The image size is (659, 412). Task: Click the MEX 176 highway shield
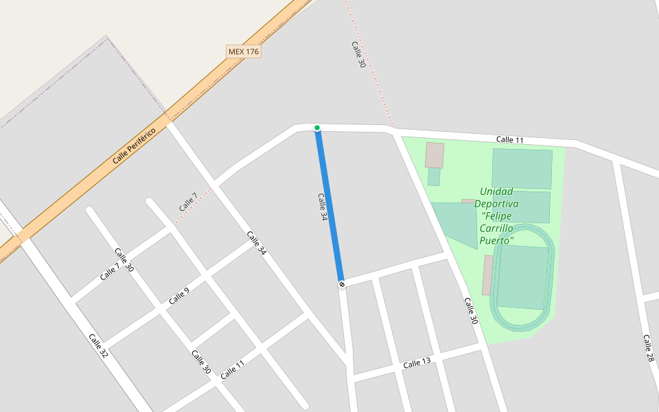pyautogui.click(x=244, y=51)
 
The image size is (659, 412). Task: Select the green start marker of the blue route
pyautogui.click(x=317, y=128)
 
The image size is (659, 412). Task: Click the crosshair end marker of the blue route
pyautogui.click(x=341, y=284)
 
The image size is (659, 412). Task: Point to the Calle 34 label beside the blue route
pyautogui.click(x=323, y=206)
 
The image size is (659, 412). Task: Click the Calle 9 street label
pyautogui.click(x=178, y=296)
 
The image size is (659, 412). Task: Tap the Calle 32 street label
pyautogui.click(x=98, y=345)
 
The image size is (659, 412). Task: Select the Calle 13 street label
pyautogui.click(x=417, y=363)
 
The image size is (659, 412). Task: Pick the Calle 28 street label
pyautogui.click(x=648, y=348)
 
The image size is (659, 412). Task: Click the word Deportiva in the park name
pyautogui.click(x=496, y=204)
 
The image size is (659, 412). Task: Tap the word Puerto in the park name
pyautogui.click(x=496, y=240)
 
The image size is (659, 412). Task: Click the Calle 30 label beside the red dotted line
pyautogui.click(x=358, y=54)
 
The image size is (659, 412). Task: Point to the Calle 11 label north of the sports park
pyautogui.click(x=510, y=140)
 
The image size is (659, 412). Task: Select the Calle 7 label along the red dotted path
pyautogui.click(x=188, y=202)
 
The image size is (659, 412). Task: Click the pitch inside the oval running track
pyautogui.click(x=522, y=277)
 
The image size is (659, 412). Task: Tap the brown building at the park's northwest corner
pyautogui.click(x=435, y=155)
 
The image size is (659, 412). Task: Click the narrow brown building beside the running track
pyautogui.click(x=487, y=275)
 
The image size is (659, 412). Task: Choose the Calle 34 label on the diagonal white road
pyautogui.click(x=256, y=243)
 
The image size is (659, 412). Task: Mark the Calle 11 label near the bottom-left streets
pyautogui.click(x=232, y=369)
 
